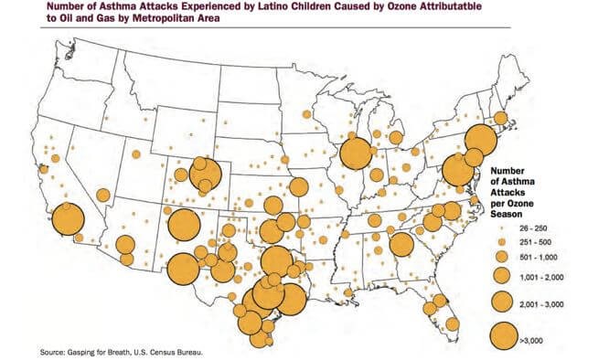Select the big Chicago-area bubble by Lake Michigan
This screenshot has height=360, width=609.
[x=355, y=153]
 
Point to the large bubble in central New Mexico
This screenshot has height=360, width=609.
[x=184, y=224]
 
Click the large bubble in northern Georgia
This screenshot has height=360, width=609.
[x=400, y=244]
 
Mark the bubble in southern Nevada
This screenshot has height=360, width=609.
[x=102, y=195]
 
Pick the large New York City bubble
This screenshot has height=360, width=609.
[x=479, y=139]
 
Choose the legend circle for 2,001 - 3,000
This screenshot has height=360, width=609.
[x=501, y=301]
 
